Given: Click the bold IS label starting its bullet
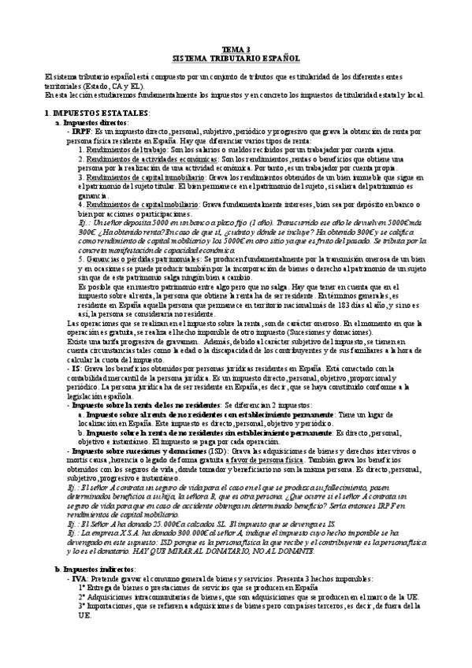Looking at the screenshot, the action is coord(75,367).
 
